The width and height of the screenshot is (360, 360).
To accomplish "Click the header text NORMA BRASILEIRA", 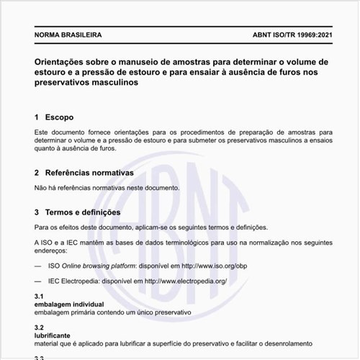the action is click(x=68, y=35).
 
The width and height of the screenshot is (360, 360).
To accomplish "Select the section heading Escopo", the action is click(x=59, y=117).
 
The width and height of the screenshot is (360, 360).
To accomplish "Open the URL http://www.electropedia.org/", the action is click(x=186, y=281).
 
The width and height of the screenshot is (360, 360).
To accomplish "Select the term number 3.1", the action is click(x=40, y=297).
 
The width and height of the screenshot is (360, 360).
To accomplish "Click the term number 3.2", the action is click(x=40, y=328).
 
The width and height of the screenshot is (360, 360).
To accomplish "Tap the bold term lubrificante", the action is click(x=55, y=336).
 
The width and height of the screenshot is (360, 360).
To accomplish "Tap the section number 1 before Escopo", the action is click(x=37, y=117).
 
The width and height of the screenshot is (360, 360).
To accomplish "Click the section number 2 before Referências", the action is click(x=37, y=174).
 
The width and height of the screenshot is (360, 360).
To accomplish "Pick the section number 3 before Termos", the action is click(x=37, y=212).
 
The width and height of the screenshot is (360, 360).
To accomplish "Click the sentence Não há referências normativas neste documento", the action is click(x=107, y=188).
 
